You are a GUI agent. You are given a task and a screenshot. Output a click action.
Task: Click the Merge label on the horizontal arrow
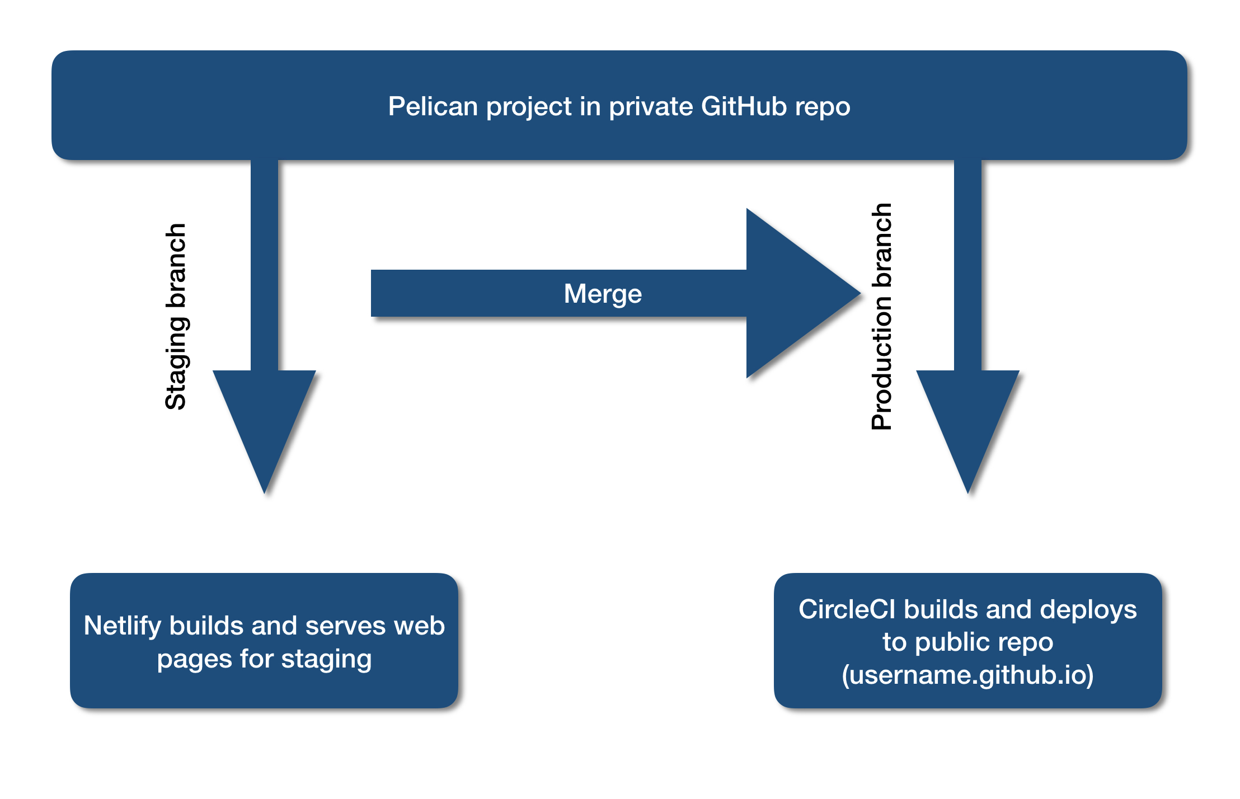pos(603,294)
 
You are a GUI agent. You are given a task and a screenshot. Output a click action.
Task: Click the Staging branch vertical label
pos(176,316)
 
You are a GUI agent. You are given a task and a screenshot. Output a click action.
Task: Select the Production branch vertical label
pos(882,316)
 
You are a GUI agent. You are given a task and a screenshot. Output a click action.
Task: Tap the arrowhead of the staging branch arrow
pos(265,425)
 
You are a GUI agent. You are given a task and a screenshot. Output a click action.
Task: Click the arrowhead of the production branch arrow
pos(968,425)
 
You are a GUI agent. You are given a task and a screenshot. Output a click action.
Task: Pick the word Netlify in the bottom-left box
pos(123,626)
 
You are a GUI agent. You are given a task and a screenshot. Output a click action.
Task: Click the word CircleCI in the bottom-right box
pos(847,609)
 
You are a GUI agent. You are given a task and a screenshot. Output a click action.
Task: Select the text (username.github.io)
pos(967,674)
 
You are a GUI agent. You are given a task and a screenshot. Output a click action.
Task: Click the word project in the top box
pos(529,106)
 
